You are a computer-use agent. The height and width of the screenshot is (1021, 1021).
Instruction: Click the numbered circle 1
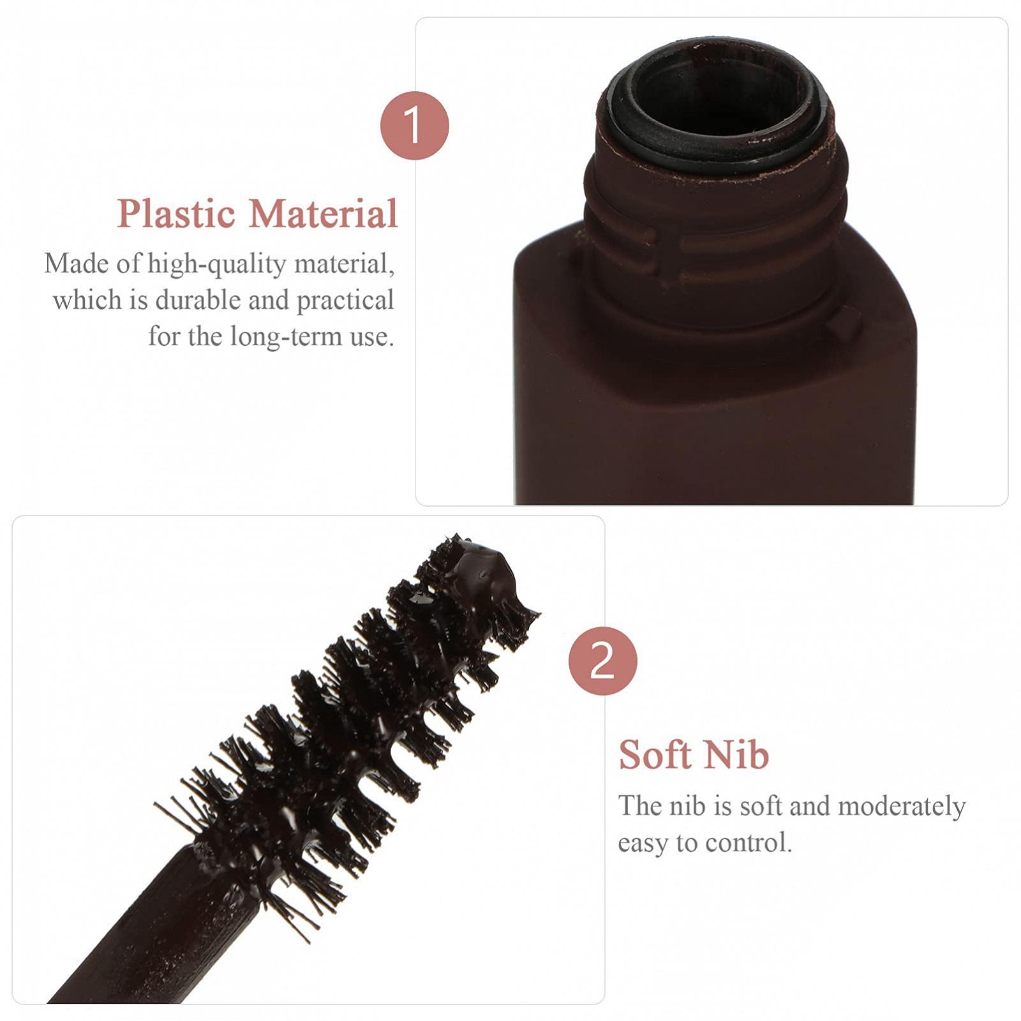coord(414,126)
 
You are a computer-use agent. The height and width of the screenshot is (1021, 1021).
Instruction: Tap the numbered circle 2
coord(602,661)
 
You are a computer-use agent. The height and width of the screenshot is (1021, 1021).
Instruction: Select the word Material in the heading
coord(324,214)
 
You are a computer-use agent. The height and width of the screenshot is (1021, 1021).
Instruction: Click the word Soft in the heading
coord(655,755)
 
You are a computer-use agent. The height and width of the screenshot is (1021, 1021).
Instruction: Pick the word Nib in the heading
coord(737,755)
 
